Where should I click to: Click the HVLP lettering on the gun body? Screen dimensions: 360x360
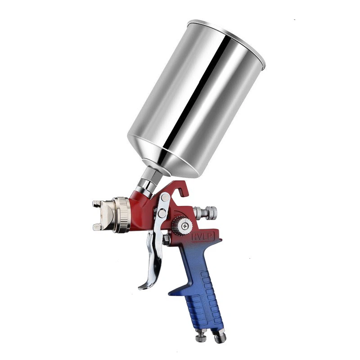click(205, 235)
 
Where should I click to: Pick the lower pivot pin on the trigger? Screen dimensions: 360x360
click(160, 213)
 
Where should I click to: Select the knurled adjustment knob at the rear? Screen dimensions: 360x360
click(209, 211)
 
